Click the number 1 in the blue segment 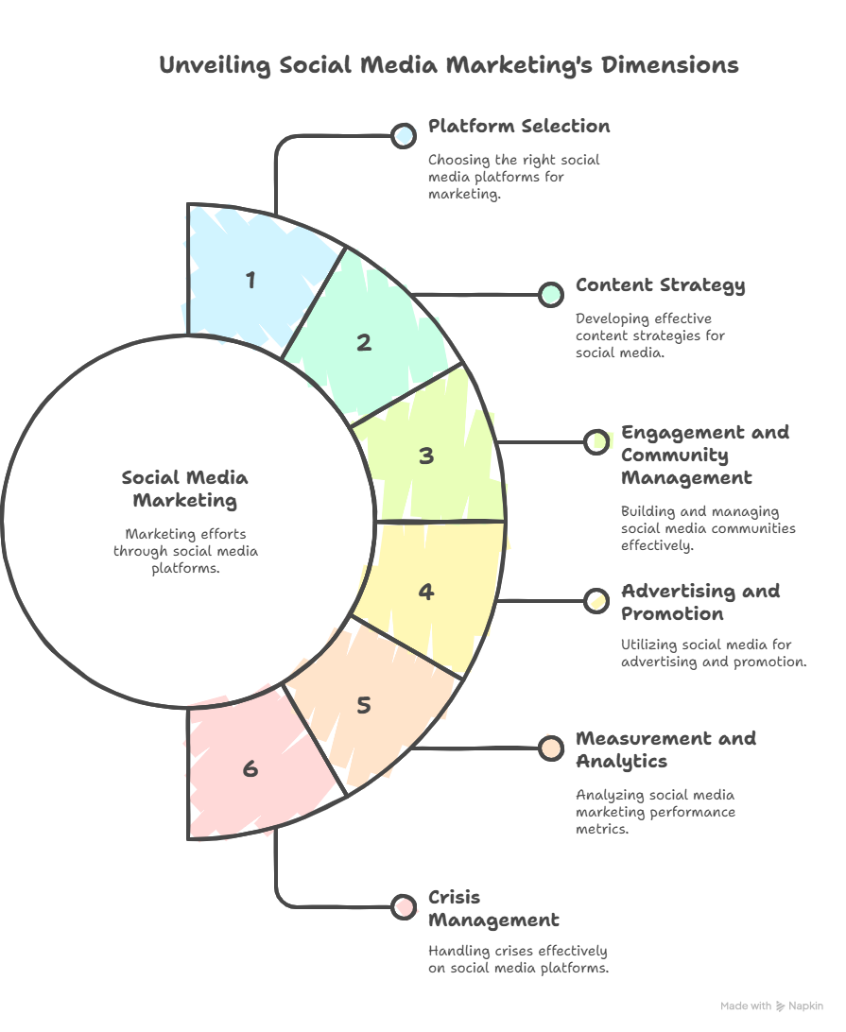pyautogui.click(x=250, y=281)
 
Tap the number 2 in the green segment pyautogui.click(x=364, y=343)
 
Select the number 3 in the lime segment pyautogui.click(x=426, y=456)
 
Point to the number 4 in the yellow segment pyautogui.click(x=426, y=592)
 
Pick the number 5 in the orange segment pyautogui.click(x=364, y=706)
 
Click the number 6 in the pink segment pyautogui.click(x=250, y=768)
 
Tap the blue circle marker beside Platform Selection pyautogui.click(x=403, y=136)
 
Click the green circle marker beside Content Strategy pyautogui.click(x=550, y=295)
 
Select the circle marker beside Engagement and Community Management pyautogui.click(x=596, y=442)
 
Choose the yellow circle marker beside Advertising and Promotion pyautogui.click(x=596, y=601)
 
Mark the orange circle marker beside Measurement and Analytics pyautogui.click(x=550, y=748)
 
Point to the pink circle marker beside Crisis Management pyautogui.click(x=403, y=907)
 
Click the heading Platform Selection pyautogui.click(x=519, y=127)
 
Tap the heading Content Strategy pyautogui.click(x=661, y=285)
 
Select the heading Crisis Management pyautogui.click(x=493, y=909)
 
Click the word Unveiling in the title pyautogui.click(x=215, y=66)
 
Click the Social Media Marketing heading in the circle pyautogui.click(x=185, y=490)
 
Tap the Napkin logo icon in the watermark pyautogui.click(x=780, y=1006)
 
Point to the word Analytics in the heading pyautogui.click(x=621, y=762)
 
